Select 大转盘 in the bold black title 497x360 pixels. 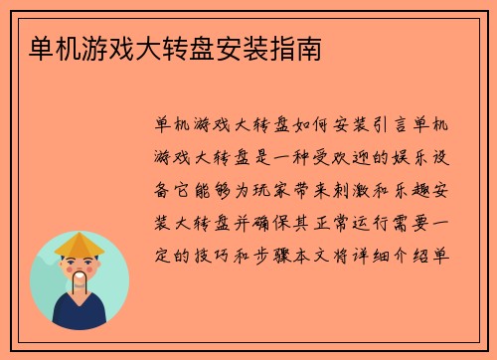click(x=169, y=47)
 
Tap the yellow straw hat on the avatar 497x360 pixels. click(x=80, y=244)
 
